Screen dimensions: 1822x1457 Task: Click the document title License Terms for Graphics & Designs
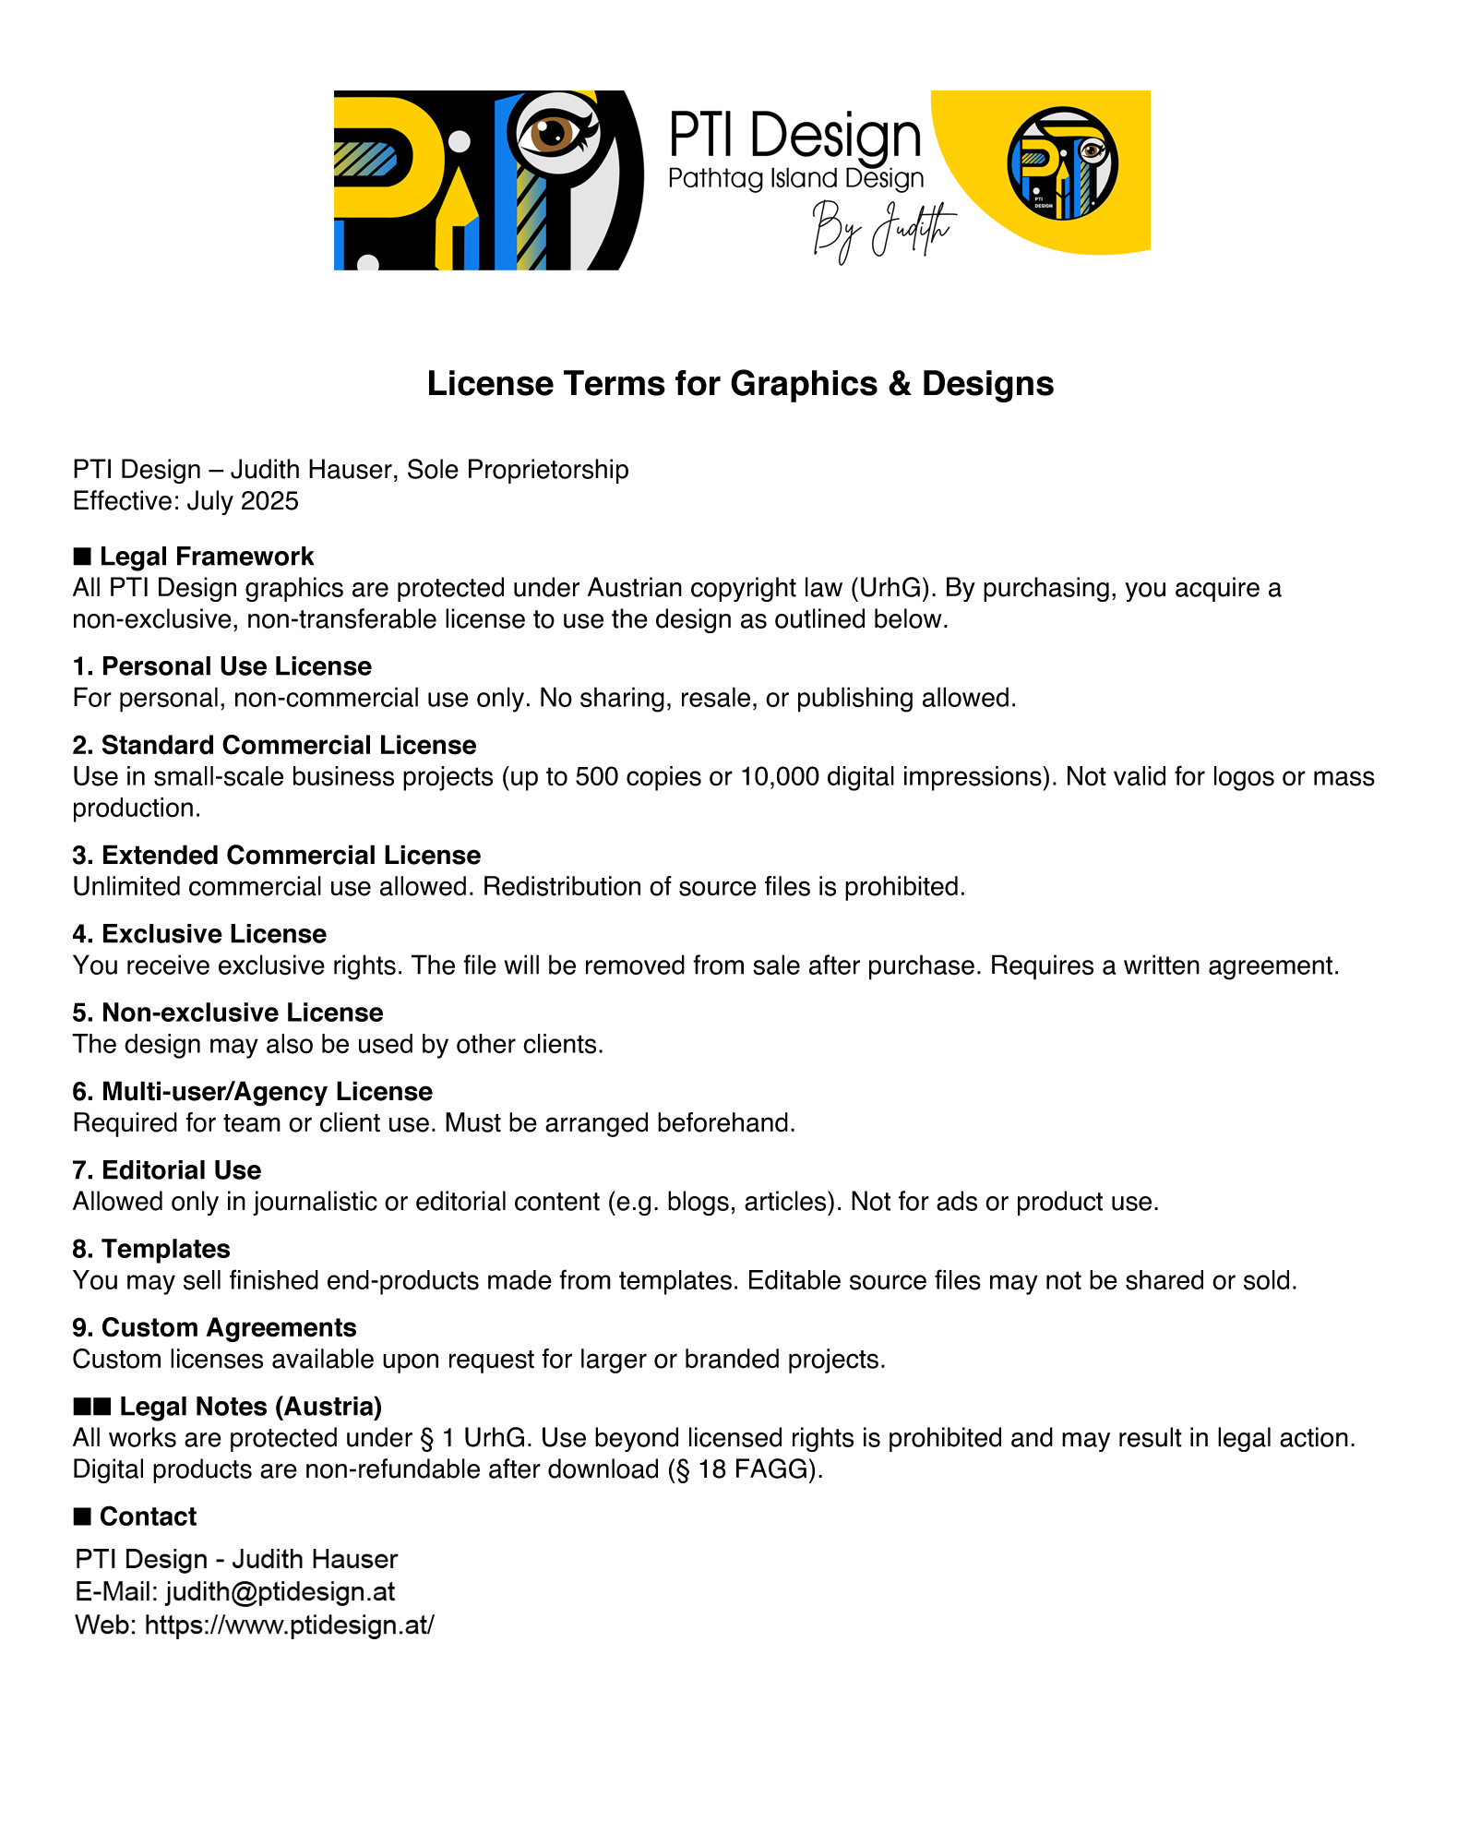pyautogui.click(x=739, y=384)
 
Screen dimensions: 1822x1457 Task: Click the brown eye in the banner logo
pyautogui.click(x=551, y=133)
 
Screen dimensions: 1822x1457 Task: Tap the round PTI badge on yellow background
pyautogui.click(x=1062, y=163)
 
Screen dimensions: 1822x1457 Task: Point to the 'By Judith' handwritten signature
pyautogui.click(x=882, y=230)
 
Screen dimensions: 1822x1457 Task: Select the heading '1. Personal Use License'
pyautogui.click(x=221, y=666)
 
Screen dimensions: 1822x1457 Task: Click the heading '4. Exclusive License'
pyautogui.click(x=199, y=934)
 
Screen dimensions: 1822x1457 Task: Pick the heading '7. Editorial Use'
pyautogui.click(x=167, y=1170)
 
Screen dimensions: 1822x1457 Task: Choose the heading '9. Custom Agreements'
pyautogui.click(x=214, y=1327)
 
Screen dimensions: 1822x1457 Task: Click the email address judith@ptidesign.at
pyautogui.click(x=281, y=1591)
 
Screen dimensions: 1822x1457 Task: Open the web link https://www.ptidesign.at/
pyautogui.click(x=290, y=1624)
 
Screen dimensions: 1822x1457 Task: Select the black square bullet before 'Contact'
pyautogui.click(x=82, y=1516)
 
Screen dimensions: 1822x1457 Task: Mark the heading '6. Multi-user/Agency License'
pyautogui.click(x=252, y=1092)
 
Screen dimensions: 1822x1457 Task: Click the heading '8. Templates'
pyautogui.click(x=151, y=1249)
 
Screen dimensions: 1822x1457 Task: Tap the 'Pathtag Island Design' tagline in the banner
pyautogui.click(x=795, y=178)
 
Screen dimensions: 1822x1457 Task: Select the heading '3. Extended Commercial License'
pyautogui.click(x=277, y=856)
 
